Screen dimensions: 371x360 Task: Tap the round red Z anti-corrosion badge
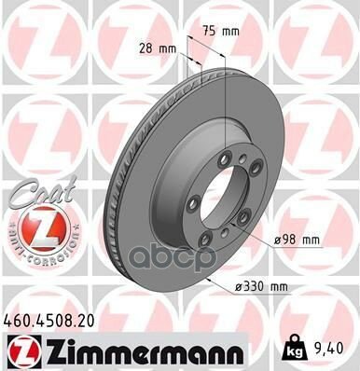tap(35, 229)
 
